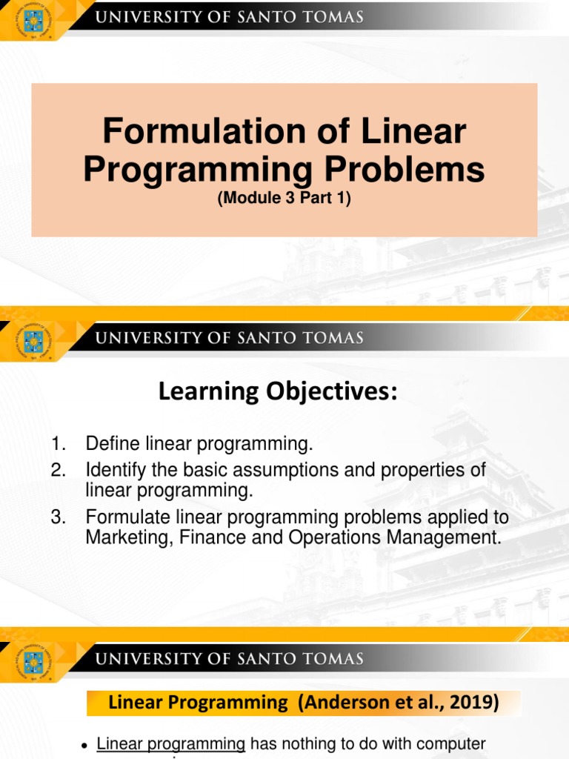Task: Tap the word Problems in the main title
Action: pos(404,169)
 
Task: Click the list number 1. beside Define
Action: pos(59,445)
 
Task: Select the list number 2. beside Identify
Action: pos(59,470)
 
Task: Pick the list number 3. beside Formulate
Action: pos(59,517)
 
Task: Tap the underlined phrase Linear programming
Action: pos(171,743)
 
